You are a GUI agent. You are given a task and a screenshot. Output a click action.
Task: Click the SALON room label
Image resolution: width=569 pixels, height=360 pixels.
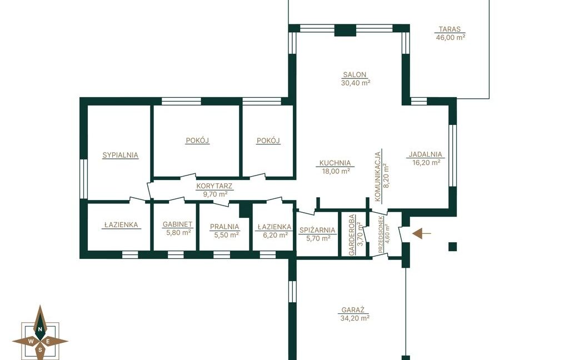(355, 75)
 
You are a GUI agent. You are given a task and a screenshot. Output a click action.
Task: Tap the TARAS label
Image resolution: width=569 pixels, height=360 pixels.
(449, 29)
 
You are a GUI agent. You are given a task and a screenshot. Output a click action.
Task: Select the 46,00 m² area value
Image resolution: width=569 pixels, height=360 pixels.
(450, 37)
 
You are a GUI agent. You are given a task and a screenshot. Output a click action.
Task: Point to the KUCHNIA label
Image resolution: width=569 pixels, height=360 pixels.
(335, 163)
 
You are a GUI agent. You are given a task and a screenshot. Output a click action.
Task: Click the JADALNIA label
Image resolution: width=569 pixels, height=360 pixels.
(425, 154)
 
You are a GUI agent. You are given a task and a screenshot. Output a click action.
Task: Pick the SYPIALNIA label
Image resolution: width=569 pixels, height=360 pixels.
(120, 156)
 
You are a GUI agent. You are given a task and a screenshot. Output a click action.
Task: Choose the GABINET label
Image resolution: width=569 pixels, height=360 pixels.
(177, 224)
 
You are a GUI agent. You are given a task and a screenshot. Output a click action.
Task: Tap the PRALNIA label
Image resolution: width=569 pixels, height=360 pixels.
(224, 227)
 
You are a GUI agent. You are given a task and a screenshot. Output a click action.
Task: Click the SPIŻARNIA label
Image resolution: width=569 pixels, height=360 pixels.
(317, 230)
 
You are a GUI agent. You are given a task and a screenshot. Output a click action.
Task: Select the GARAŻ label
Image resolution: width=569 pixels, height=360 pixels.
(353, 311)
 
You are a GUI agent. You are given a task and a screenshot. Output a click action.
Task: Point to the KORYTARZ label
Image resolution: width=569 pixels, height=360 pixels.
(214, 187)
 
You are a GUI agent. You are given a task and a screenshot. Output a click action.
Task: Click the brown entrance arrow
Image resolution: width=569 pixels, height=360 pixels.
(422, 234)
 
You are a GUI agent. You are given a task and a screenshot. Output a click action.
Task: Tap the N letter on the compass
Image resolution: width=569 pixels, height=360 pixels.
(40, 329)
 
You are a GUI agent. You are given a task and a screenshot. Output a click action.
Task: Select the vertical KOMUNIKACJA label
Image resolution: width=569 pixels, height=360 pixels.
(378, 176)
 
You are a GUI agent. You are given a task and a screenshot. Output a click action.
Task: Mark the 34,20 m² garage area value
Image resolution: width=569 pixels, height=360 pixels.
(355, 318)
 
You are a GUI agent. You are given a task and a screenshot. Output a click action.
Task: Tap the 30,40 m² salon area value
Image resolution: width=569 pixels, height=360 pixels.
(355, 83)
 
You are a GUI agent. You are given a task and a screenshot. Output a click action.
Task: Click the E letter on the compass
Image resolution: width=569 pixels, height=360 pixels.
(48, 341)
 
